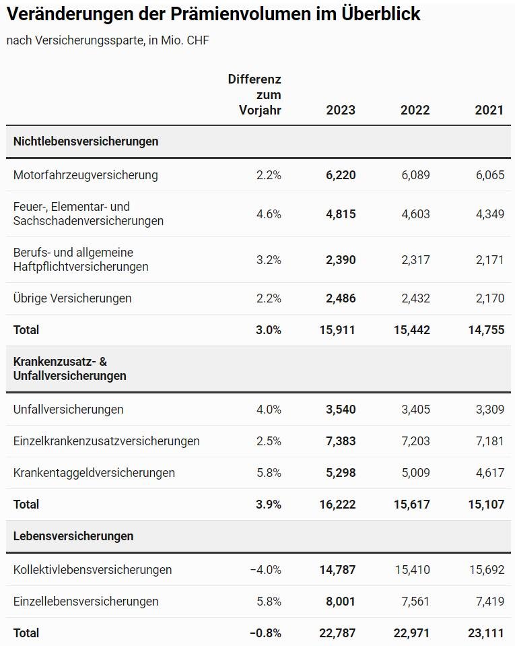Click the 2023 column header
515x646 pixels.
point(341,110)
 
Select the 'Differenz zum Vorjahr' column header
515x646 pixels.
point(254,94)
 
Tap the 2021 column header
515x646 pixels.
point(489,110)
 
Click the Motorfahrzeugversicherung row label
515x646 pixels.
point(85,175)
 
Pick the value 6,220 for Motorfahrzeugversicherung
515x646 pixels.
point(341,175)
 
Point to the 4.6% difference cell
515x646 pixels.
point(269,214)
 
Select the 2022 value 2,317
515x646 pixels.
point(415,260)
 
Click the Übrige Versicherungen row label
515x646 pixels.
point(72,298)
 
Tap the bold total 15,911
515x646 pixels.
point(337,330)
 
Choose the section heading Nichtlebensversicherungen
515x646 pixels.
point(85,141)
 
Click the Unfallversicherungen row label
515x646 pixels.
point(69,410)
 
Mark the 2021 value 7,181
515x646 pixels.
point(490,441)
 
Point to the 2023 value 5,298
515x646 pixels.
point(341,473)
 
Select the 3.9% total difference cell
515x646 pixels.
point(269,505)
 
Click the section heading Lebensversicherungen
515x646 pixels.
point(73,536)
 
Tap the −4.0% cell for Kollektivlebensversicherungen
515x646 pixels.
point(265,570)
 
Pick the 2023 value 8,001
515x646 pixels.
point(341,602)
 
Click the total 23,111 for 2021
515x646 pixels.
point(486,633)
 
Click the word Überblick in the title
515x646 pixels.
point(381,13)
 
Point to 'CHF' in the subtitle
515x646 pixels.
point(198,40)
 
